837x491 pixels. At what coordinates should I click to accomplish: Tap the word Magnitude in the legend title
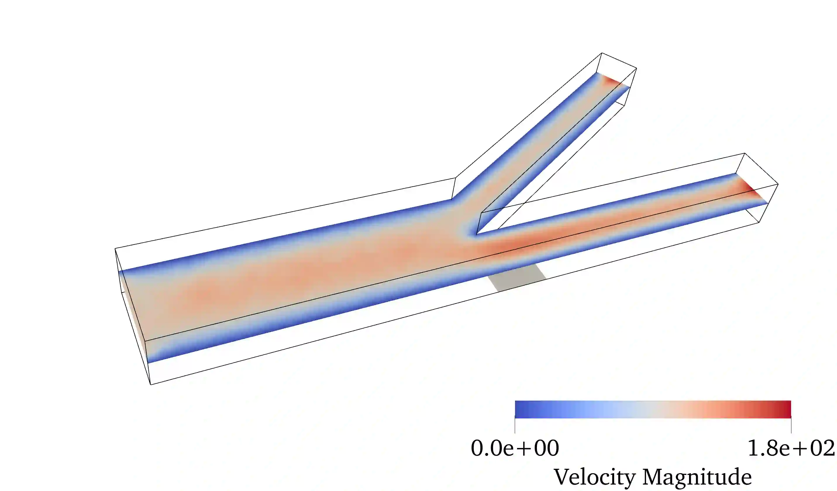pos(697,478)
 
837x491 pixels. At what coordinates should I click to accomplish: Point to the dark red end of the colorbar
pos(786,409)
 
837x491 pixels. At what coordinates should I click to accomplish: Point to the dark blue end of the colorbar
pos(521,409)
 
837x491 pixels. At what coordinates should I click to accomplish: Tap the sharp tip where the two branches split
pos(477,234)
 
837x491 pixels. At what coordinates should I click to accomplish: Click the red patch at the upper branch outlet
pos(613,81)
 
